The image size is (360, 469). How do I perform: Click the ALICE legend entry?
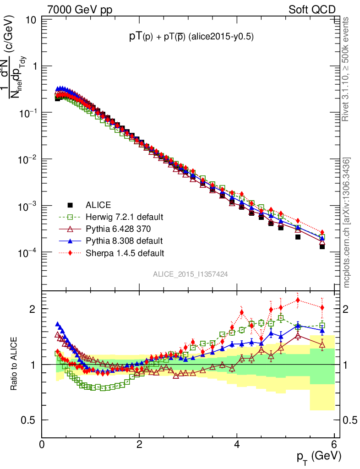tap(98, 205)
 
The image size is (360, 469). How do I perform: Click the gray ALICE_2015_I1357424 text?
tap(191, 274)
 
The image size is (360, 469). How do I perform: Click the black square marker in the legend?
tap(70, 205)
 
